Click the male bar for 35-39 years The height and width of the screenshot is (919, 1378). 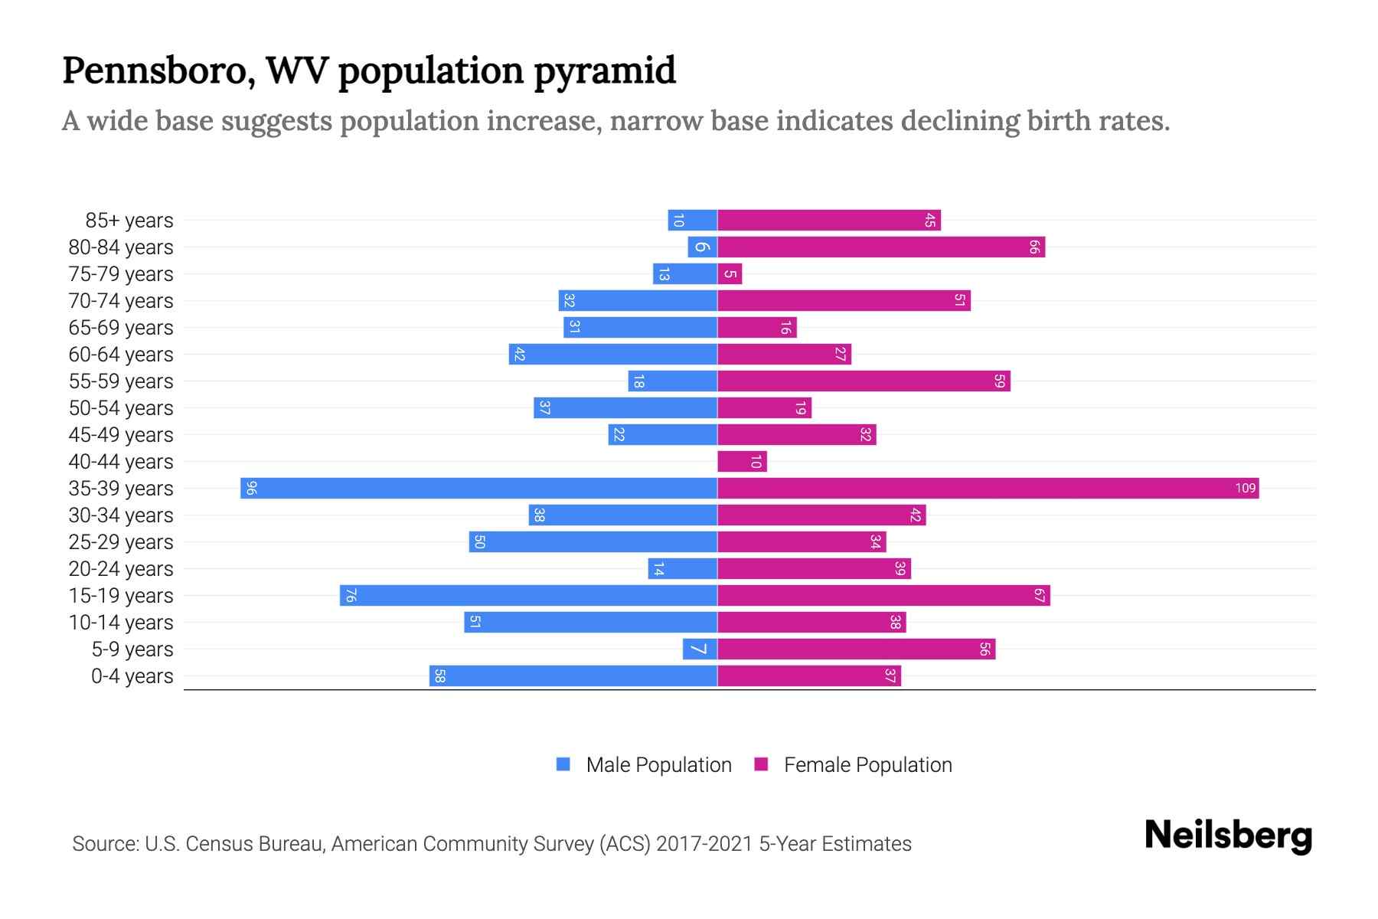(478, 489)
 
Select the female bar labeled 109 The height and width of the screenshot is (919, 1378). (988, 489)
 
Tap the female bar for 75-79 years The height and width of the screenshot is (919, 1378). (730, 274)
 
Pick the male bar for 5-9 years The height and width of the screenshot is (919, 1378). (700, 649)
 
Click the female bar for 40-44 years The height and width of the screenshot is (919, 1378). (742, 462)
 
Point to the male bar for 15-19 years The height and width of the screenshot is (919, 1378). (528, 596)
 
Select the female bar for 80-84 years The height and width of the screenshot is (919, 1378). (880, 247)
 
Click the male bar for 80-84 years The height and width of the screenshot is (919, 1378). (702, 247)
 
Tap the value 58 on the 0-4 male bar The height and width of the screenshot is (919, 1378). (439, 676)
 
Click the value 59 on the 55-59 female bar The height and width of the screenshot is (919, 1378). (999, 381)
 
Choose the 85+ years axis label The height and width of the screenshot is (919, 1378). (129, 221)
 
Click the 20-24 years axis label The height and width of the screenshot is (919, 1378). (121, 569)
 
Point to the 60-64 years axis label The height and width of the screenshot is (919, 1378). (121, 355)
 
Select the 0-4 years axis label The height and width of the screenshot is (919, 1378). (132, 676)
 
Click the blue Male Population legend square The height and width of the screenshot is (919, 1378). (563, 764)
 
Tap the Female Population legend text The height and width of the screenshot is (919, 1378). (867, 765)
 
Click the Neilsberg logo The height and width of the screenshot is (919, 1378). (1228, 836)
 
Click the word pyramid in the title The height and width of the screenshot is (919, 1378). (604, 71)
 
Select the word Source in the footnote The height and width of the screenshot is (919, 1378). (104, 844)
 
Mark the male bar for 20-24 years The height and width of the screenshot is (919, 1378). (682, 569)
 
